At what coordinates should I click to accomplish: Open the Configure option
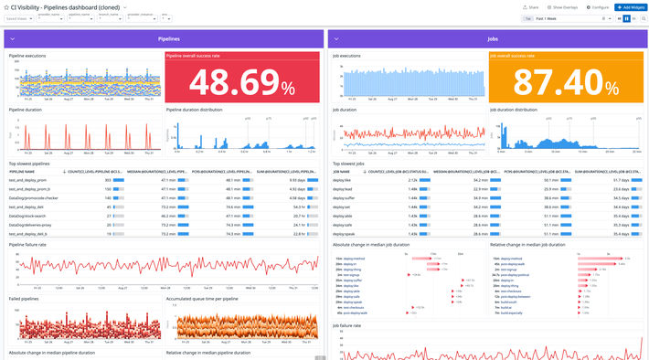(597, 6)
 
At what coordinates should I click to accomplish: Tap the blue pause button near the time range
(626, 17)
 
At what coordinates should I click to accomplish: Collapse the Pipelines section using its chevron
(13, 39)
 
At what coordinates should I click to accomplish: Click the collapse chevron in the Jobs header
(335, 39)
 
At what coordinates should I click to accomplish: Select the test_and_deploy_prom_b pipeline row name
(29, 189)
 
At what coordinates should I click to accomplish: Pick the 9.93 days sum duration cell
(297, 181)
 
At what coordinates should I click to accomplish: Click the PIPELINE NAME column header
(22, 171)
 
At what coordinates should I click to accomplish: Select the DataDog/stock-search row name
(28, 216)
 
